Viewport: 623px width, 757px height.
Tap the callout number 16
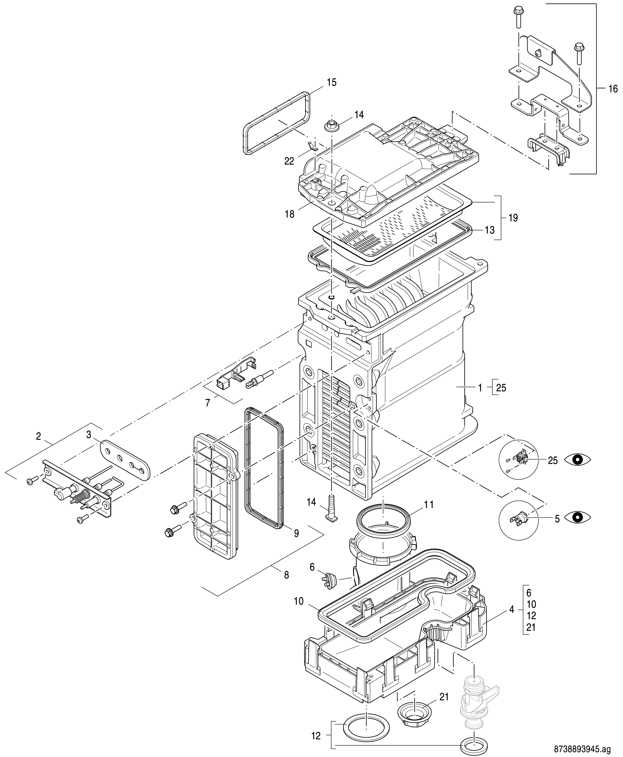pyautogui.click(x=613, y=89)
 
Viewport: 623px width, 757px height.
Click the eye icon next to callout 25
pyautogui.click(x=577, y=460)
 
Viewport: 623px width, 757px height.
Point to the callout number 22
pyautogui.click(x=289, y=161)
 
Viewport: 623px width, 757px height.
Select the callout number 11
pyautogui.click(x=429, y=505)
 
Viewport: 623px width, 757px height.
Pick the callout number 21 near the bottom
pyautogui.click(x=444, y=697)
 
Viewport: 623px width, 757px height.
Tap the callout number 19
pyautogui.click(x=513, y=218)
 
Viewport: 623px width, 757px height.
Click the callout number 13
pyautogui.click(x=489, y=230)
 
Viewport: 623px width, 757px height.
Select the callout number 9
pyautogui.click(x=296, y=533)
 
